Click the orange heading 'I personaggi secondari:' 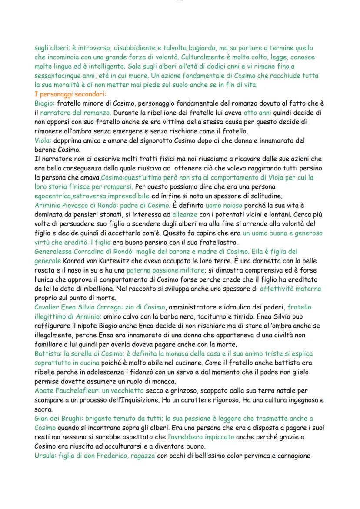67,94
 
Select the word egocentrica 52,196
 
